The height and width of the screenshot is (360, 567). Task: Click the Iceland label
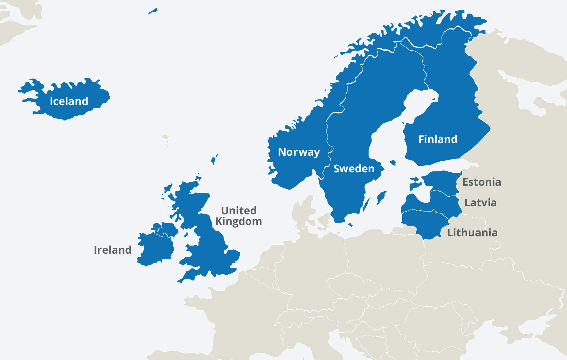(69, 101)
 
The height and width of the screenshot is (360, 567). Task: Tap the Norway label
(299, 152)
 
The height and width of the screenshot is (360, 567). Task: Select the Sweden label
(354, 169)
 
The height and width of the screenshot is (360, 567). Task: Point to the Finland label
(438, 139)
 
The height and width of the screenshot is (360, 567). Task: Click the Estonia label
(482, 182)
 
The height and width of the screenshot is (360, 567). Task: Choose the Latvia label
(480, 203)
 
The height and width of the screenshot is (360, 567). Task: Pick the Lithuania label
(472, 233)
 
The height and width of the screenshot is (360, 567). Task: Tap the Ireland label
(113, 250)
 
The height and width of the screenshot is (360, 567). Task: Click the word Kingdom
(238, 221)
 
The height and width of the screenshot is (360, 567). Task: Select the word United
(239, 211)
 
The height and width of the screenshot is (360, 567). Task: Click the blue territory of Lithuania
(424, 223)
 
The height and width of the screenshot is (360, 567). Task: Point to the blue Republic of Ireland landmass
(155, 248)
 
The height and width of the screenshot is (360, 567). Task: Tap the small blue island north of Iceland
(152, 12)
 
